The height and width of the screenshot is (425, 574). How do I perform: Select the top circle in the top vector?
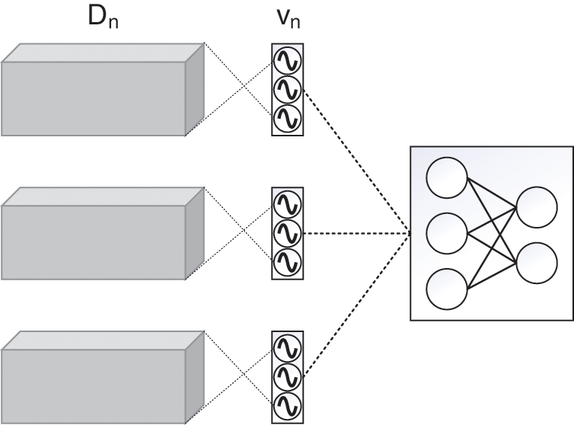[x=287, y=60]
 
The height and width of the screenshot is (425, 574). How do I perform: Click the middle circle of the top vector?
[x=287, y=90]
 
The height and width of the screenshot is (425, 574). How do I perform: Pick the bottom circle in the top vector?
[x=287, y=119]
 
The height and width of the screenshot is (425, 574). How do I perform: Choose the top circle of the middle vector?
[x=287, y=204]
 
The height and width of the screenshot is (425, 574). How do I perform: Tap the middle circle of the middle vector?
[x=287, y=233]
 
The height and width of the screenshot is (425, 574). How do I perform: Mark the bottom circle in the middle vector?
[x=287, y=262]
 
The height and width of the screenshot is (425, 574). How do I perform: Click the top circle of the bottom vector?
[x=287, y=348]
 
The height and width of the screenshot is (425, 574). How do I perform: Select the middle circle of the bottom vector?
[x=287, y=377]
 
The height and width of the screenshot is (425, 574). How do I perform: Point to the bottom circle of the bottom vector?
[x=287, y=406]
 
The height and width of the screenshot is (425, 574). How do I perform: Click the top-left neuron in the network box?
[x=447, y=177]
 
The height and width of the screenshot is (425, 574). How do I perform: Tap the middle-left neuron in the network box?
[x=447, y=233]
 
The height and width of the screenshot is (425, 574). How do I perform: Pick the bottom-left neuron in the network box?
[x=447, y=289]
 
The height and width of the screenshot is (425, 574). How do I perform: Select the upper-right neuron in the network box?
[x=537, y=207]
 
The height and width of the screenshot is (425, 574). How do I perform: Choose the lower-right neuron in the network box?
[x=537, y=263]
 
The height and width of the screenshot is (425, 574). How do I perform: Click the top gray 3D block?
[x=103, y=90]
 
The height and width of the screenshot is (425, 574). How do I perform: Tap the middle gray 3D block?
[x=103, y=233]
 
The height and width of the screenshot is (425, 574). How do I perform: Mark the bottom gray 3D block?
[x=103, y=377]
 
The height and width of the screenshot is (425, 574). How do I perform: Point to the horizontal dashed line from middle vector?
[x=357, y=233]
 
